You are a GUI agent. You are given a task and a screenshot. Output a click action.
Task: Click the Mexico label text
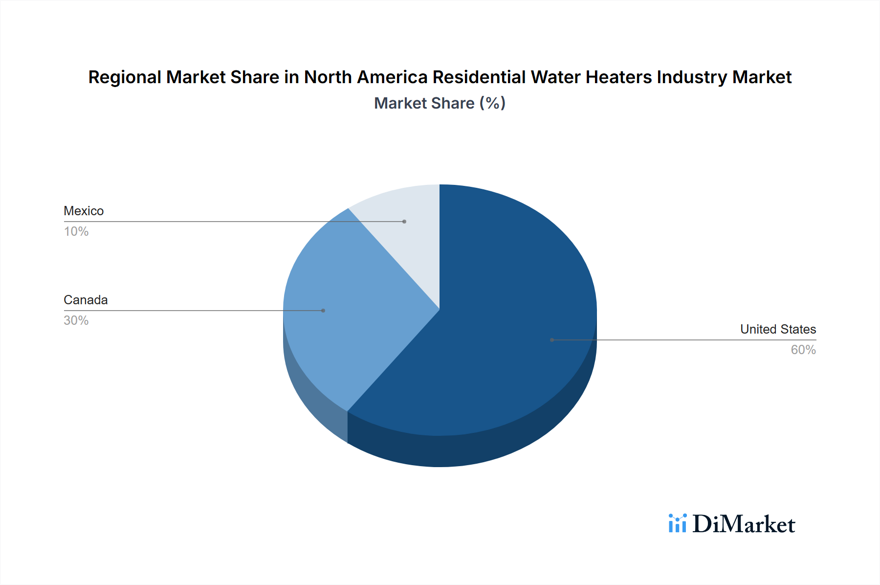click(84, 211)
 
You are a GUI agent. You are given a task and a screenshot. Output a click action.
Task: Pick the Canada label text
click(86, 300)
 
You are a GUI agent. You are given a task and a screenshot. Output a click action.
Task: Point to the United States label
click(778, 329)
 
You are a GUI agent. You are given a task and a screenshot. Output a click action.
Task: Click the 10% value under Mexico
click(76, 231)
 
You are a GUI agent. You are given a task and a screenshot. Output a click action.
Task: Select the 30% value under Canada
click(76, 320)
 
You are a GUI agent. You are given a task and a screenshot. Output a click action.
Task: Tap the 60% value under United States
click(803, 350)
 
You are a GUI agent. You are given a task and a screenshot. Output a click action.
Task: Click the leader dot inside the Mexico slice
click(404, 222)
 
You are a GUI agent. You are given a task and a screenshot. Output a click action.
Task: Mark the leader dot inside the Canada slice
click(323, 311)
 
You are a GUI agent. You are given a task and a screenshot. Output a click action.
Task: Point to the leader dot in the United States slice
click(552, 340)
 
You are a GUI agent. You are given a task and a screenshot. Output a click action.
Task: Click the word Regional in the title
click(125, 77)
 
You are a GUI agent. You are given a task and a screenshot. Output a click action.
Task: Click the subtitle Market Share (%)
click(440, 103)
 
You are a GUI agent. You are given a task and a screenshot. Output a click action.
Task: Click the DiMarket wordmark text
click(744, 524)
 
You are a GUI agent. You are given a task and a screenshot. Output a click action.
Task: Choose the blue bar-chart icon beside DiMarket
click(678, 523)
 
